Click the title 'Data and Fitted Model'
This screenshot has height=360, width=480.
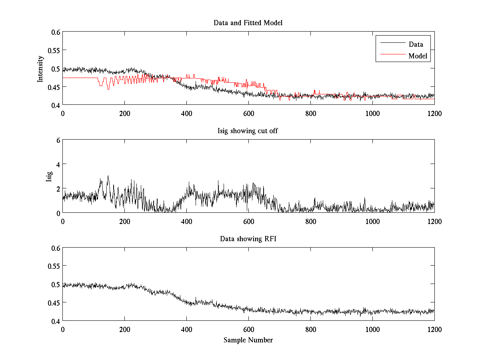point(248,23)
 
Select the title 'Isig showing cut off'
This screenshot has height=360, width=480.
point(248,131)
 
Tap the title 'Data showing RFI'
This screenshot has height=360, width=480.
point(248,239)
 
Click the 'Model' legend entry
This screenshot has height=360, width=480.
point(418,56)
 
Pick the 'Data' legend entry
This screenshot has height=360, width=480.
point(416,44)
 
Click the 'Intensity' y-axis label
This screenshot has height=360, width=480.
point(40,69)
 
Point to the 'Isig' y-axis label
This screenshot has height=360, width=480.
point(49,176)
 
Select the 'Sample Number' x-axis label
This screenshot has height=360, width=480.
point(248,340)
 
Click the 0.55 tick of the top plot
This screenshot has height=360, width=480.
point(54,50)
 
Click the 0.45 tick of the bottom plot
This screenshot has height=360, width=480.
point(54,303)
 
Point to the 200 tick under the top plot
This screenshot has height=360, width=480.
point(124,113)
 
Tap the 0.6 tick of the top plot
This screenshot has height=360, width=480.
point(55,32)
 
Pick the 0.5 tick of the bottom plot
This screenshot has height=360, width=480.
point(55,284)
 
